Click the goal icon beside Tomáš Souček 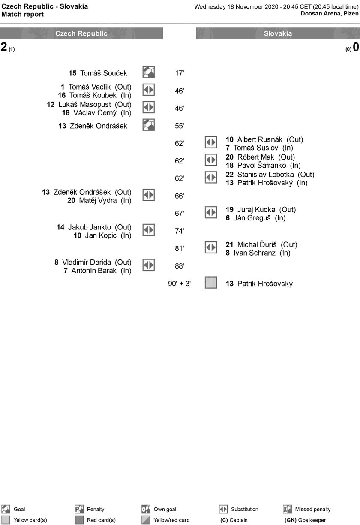point(148,72)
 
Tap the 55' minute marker point(180,126)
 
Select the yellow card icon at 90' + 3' point(211,282)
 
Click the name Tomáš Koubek point(93,95)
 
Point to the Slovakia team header point(278,33)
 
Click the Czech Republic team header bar point(81,33)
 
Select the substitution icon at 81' point(211,247)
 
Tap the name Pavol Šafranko point(261,165)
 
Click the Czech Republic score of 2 point(4,47)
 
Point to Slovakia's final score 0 point(356,47)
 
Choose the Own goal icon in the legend point(146,509)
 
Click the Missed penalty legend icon point(288,509)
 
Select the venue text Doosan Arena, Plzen point(330,13)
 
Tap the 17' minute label point(180,73)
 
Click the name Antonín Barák point(94,271)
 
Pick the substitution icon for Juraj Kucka point(211,212)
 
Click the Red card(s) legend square point(79,519)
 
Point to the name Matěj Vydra point(98,200)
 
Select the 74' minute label point(180,231)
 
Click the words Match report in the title point(22,14)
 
